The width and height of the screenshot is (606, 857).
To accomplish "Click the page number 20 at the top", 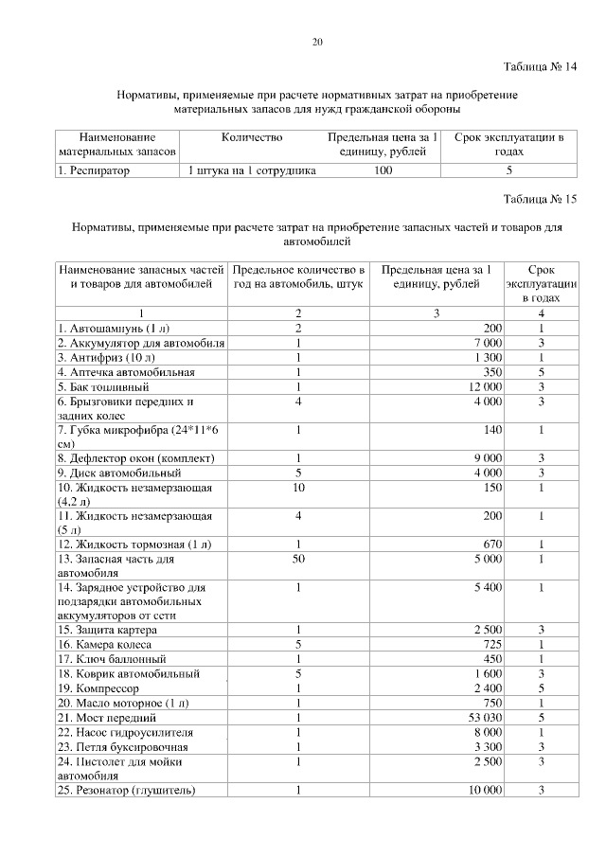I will click(x=317, y=41).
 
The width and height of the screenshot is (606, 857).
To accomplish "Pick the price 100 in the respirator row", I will click(x=383, y=171).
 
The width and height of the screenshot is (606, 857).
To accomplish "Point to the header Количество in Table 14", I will click(x=252, y=138).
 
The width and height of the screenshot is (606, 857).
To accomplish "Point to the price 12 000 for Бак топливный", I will click(x=483, y=386).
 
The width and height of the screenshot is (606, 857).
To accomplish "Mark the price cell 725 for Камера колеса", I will click(x=490, y=645).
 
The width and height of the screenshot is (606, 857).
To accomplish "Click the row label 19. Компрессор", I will click(x=98, y=688).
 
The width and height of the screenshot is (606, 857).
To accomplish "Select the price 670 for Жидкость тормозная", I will click(x=490, y=545).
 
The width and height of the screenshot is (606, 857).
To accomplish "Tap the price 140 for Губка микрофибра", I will click(x=490, y=429).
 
